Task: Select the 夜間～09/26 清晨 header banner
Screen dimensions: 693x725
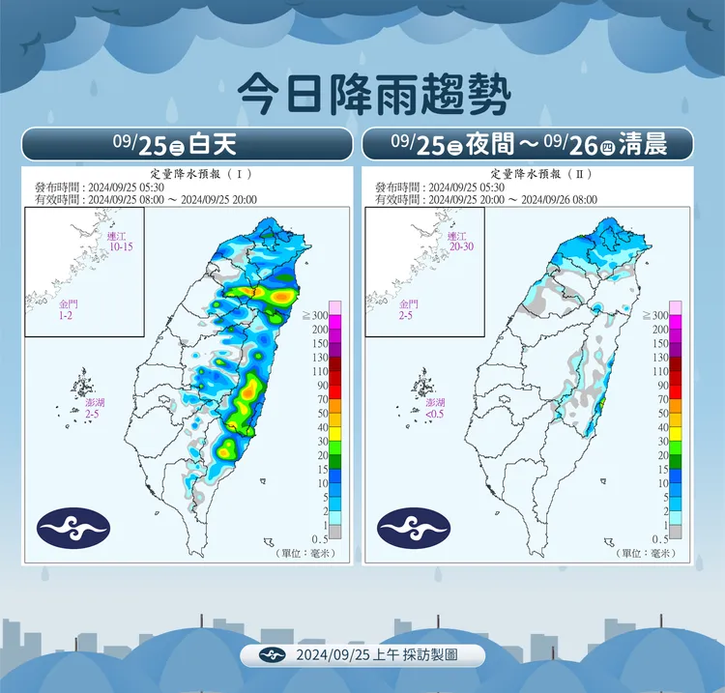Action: [x=528, y=144]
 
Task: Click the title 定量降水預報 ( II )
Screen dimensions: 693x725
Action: [x=528, y=175]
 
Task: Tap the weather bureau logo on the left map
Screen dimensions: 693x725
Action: [x=74, y=526]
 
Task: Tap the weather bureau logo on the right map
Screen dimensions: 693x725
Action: [x=414, y=526]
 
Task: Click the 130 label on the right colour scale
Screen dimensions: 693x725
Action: [x=660, y=357]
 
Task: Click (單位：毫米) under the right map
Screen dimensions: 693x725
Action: [x=647, y=554]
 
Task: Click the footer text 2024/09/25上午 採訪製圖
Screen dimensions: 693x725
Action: [x=377, y=654]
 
